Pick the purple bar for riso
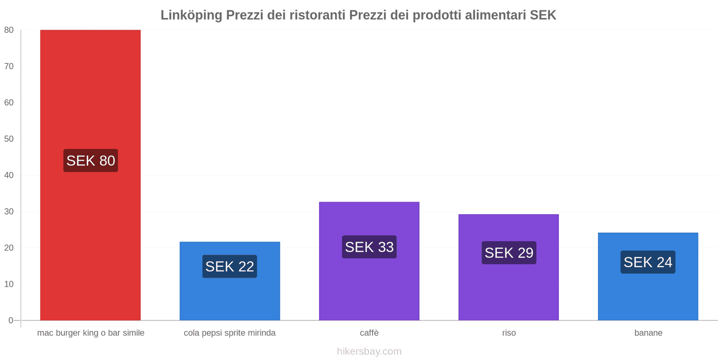[508, 288]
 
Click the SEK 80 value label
[90, 161]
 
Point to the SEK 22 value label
[229, 266]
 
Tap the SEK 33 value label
[369, 247]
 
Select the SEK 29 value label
[508, 253]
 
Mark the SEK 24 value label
[648, 262]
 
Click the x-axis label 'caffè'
[369, 333]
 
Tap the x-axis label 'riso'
[509, 333]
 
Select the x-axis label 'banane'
[648, 333]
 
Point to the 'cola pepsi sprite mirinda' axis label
[229, 333]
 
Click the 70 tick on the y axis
[9, 66]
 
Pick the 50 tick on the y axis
[9, 139]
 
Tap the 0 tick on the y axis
[11, 320]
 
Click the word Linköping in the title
[191, 15]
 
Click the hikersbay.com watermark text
[369, 351]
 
